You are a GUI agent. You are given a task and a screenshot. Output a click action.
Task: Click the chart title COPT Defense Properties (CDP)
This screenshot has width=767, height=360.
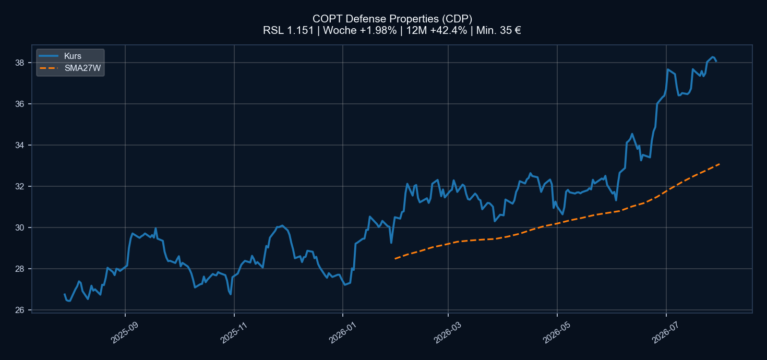click(x=392, y=18)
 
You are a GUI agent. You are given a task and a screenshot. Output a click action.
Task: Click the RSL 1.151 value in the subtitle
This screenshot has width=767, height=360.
click(x=289, y=30)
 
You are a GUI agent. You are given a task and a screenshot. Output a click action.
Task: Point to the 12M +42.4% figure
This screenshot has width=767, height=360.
click(x=436, y=30)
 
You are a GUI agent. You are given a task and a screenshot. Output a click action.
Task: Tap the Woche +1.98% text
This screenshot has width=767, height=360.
click(x=359, y=30)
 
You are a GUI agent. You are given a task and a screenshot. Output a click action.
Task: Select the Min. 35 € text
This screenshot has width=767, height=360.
click(x=499, y=30)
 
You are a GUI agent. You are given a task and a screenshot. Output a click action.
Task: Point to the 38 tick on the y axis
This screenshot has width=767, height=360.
click(x=19, y=63)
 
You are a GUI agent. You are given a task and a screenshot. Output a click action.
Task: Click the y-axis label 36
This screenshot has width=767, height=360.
click(x=19, y=104)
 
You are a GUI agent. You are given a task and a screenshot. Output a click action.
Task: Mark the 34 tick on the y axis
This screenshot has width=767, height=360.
click(x=19, y=145)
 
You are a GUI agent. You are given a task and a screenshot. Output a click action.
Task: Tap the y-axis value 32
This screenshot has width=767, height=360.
click(x=19, y=186)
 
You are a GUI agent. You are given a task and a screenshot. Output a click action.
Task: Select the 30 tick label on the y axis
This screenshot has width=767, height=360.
click(x=19, y=227)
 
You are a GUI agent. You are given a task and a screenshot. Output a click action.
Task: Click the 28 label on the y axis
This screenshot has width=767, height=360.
click(x=19, y=269)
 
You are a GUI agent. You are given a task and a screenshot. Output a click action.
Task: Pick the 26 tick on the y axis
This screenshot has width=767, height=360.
click(x=19, y=310)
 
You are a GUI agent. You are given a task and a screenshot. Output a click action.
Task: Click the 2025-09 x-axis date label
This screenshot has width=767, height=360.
click(x=125, y=332)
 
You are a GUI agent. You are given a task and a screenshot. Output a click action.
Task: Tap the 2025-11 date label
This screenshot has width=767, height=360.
click(x=234, y=332)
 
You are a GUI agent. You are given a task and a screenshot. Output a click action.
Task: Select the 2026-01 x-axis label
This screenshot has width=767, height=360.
click(x=342, y=332)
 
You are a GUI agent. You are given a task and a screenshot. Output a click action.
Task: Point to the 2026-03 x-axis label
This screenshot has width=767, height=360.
click(x=448, y=332)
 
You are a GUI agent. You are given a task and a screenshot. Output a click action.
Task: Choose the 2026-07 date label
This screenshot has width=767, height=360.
click(x=666, y=332)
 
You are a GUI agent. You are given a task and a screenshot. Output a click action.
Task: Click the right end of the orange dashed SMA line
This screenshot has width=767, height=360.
click(x=720, y=164)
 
